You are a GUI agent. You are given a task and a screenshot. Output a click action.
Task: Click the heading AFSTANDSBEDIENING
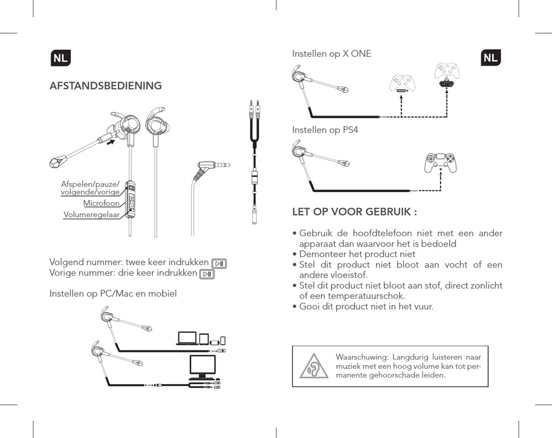point(106,86)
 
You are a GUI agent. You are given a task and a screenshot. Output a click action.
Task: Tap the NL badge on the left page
point(60,58)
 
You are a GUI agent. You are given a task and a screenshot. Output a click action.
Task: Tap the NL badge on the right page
point(491,58)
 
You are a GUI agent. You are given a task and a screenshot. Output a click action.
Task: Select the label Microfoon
point(101,204)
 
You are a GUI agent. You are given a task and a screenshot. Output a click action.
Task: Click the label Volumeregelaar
point(91,215)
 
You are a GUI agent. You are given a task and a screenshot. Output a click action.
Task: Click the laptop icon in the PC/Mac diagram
point(187,339)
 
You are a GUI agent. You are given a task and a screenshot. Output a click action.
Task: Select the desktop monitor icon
point(203,366)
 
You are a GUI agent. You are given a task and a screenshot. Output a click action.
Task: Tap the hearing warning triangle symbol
point(314,366)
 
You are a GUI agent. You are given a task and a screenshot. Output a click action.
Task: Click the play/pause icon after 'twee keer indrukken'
point(219,263)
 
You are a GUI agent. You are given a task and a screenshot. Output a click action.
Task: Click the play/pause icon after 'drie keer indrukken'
point(207,274)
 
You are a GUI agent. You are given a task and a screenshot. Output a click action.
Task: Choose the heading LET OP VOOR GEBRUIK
point(354,212)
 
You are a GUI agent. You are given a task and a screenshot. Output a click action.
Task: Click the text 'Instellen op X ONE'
point(331,54)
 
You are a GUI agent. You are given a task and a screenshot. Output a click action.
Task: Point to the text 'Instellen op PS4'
point(325,130)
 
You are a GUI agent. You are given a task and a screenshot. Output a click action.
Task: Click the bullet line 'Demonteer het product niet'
point(357,254)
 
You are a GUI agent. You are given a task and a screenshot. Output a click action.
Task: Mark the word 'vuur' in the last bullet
point(422,306)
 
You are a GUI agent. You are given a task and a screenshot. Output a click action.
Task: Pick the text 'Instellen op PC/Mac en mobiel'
point(113,294)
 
